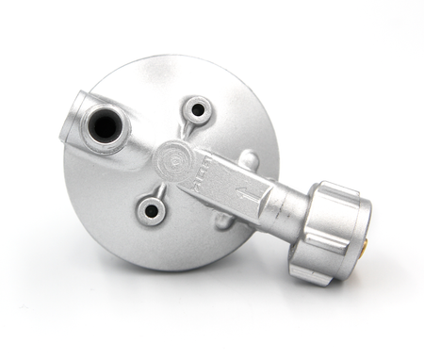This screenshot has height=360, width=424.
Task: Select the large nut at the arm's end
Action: (331, 232)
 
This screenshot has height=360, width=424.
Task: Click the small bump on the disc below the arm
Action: (222, 224)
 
